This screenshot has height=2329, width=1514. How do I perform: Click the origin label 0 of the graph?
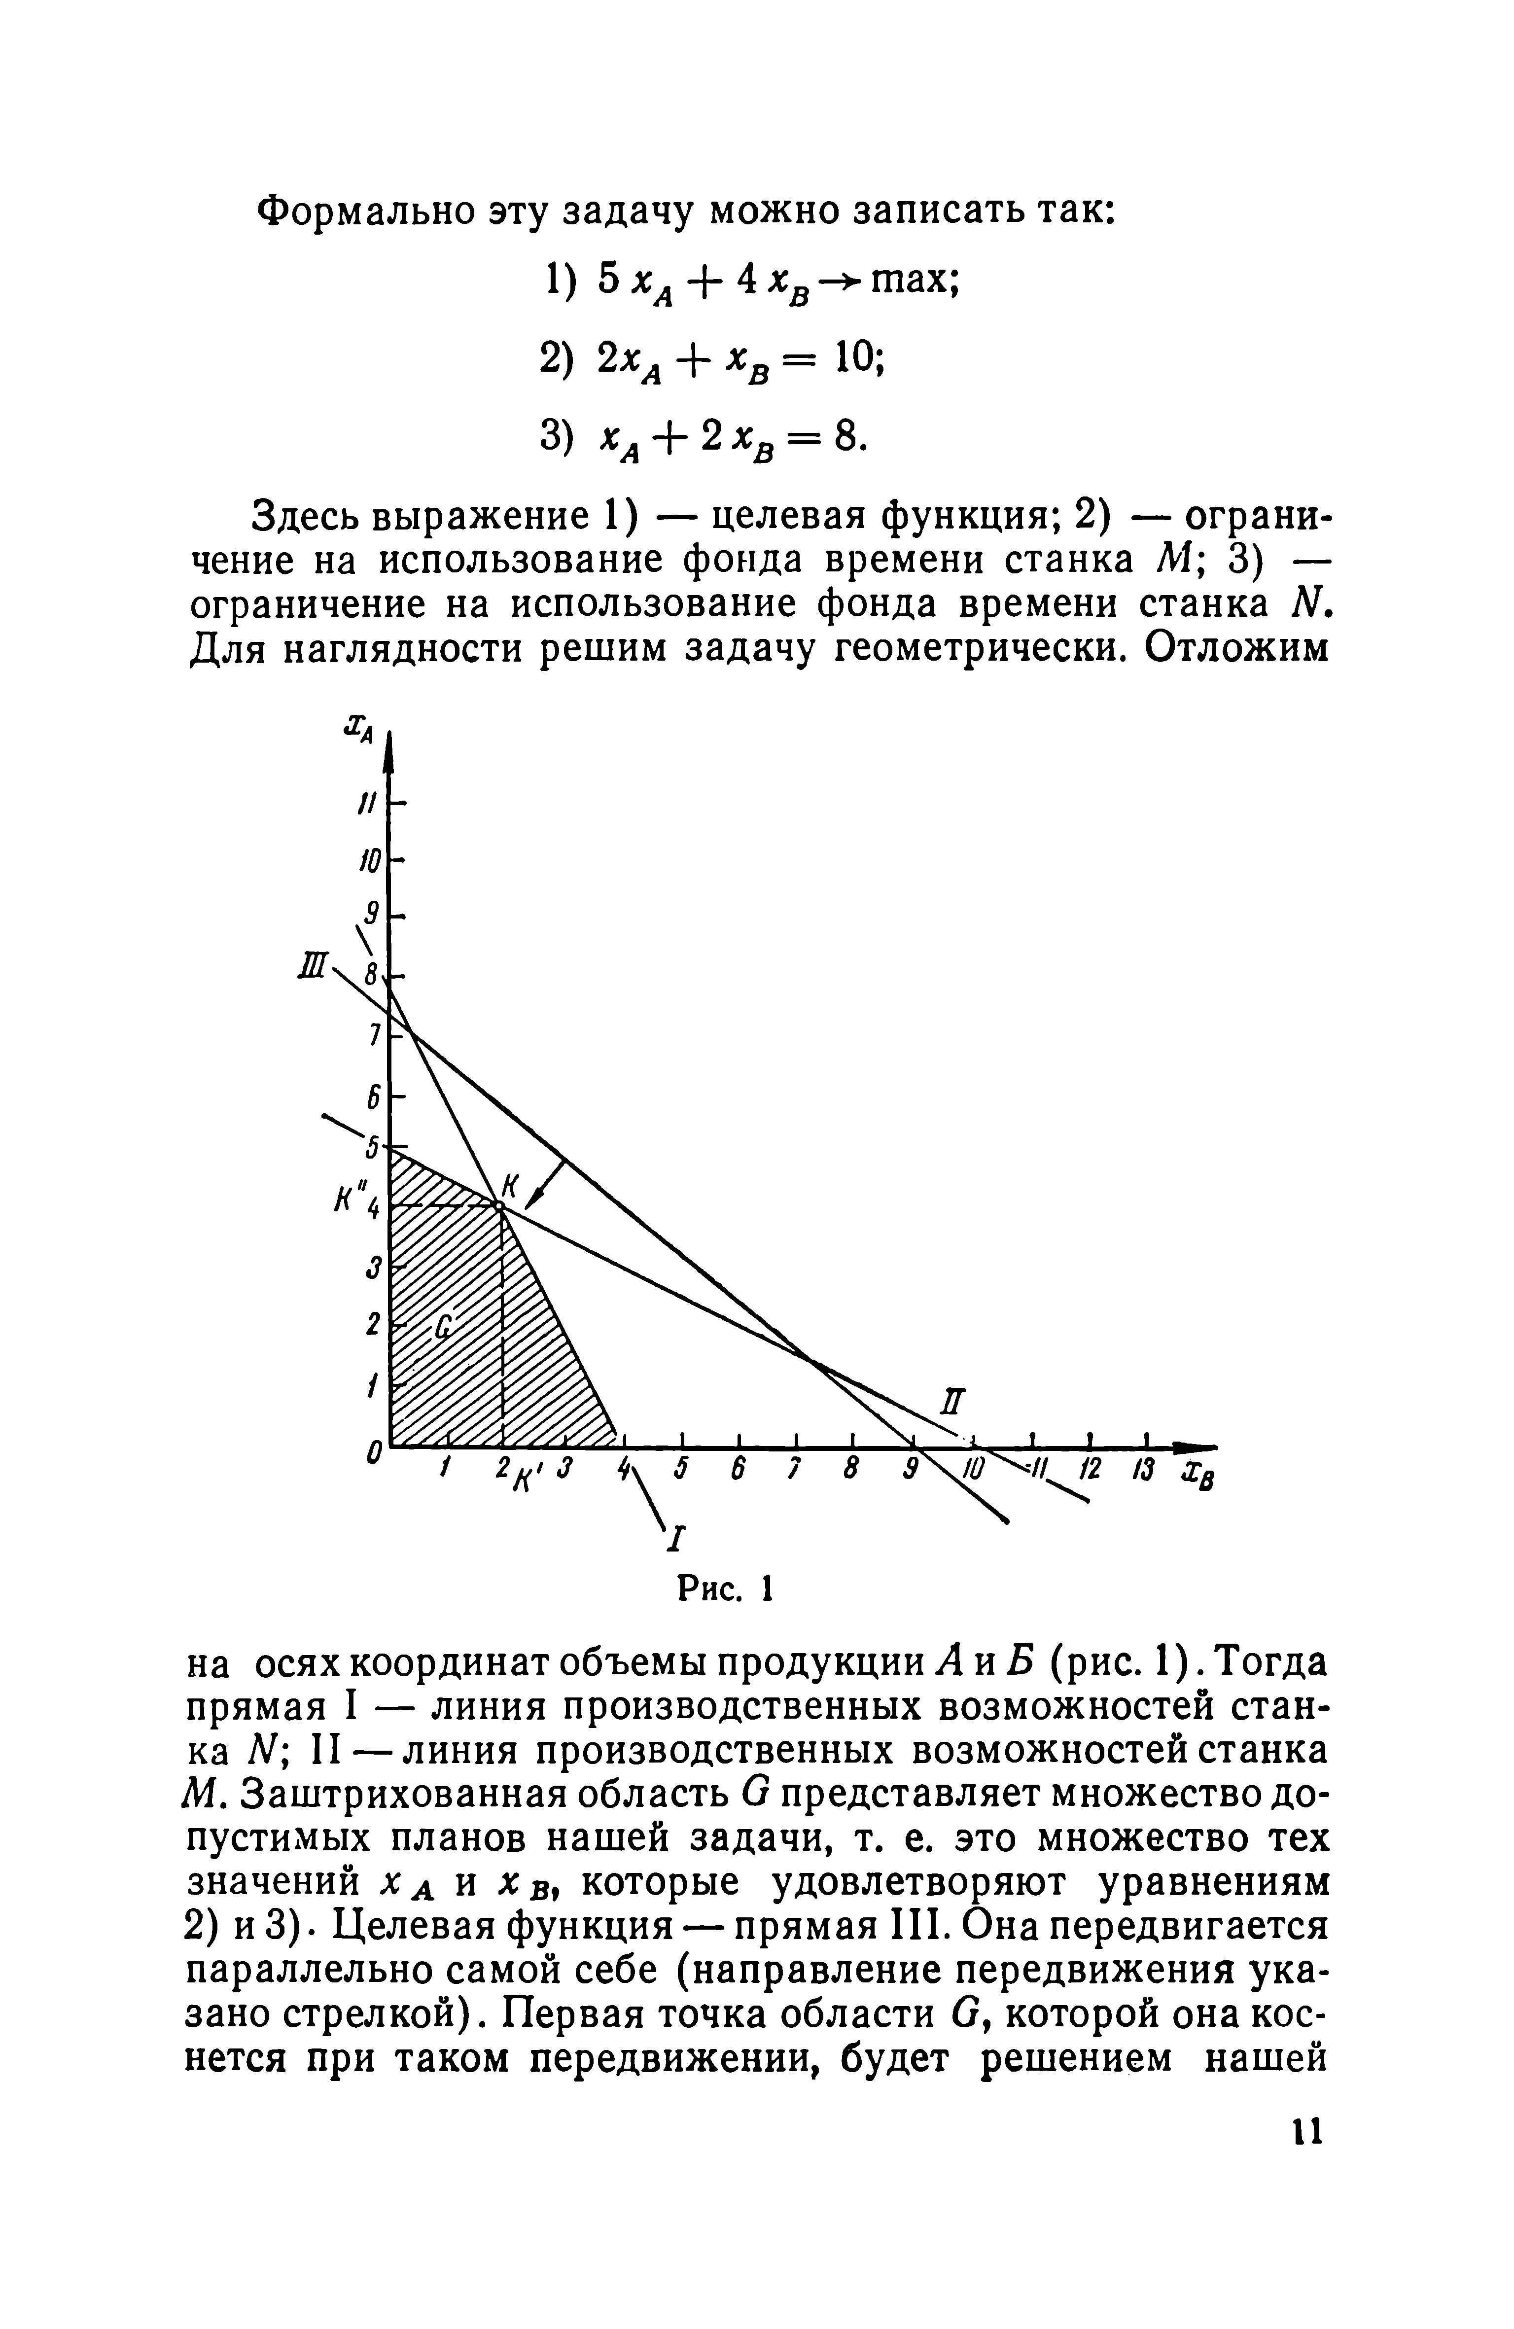tap(372, 1456)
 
